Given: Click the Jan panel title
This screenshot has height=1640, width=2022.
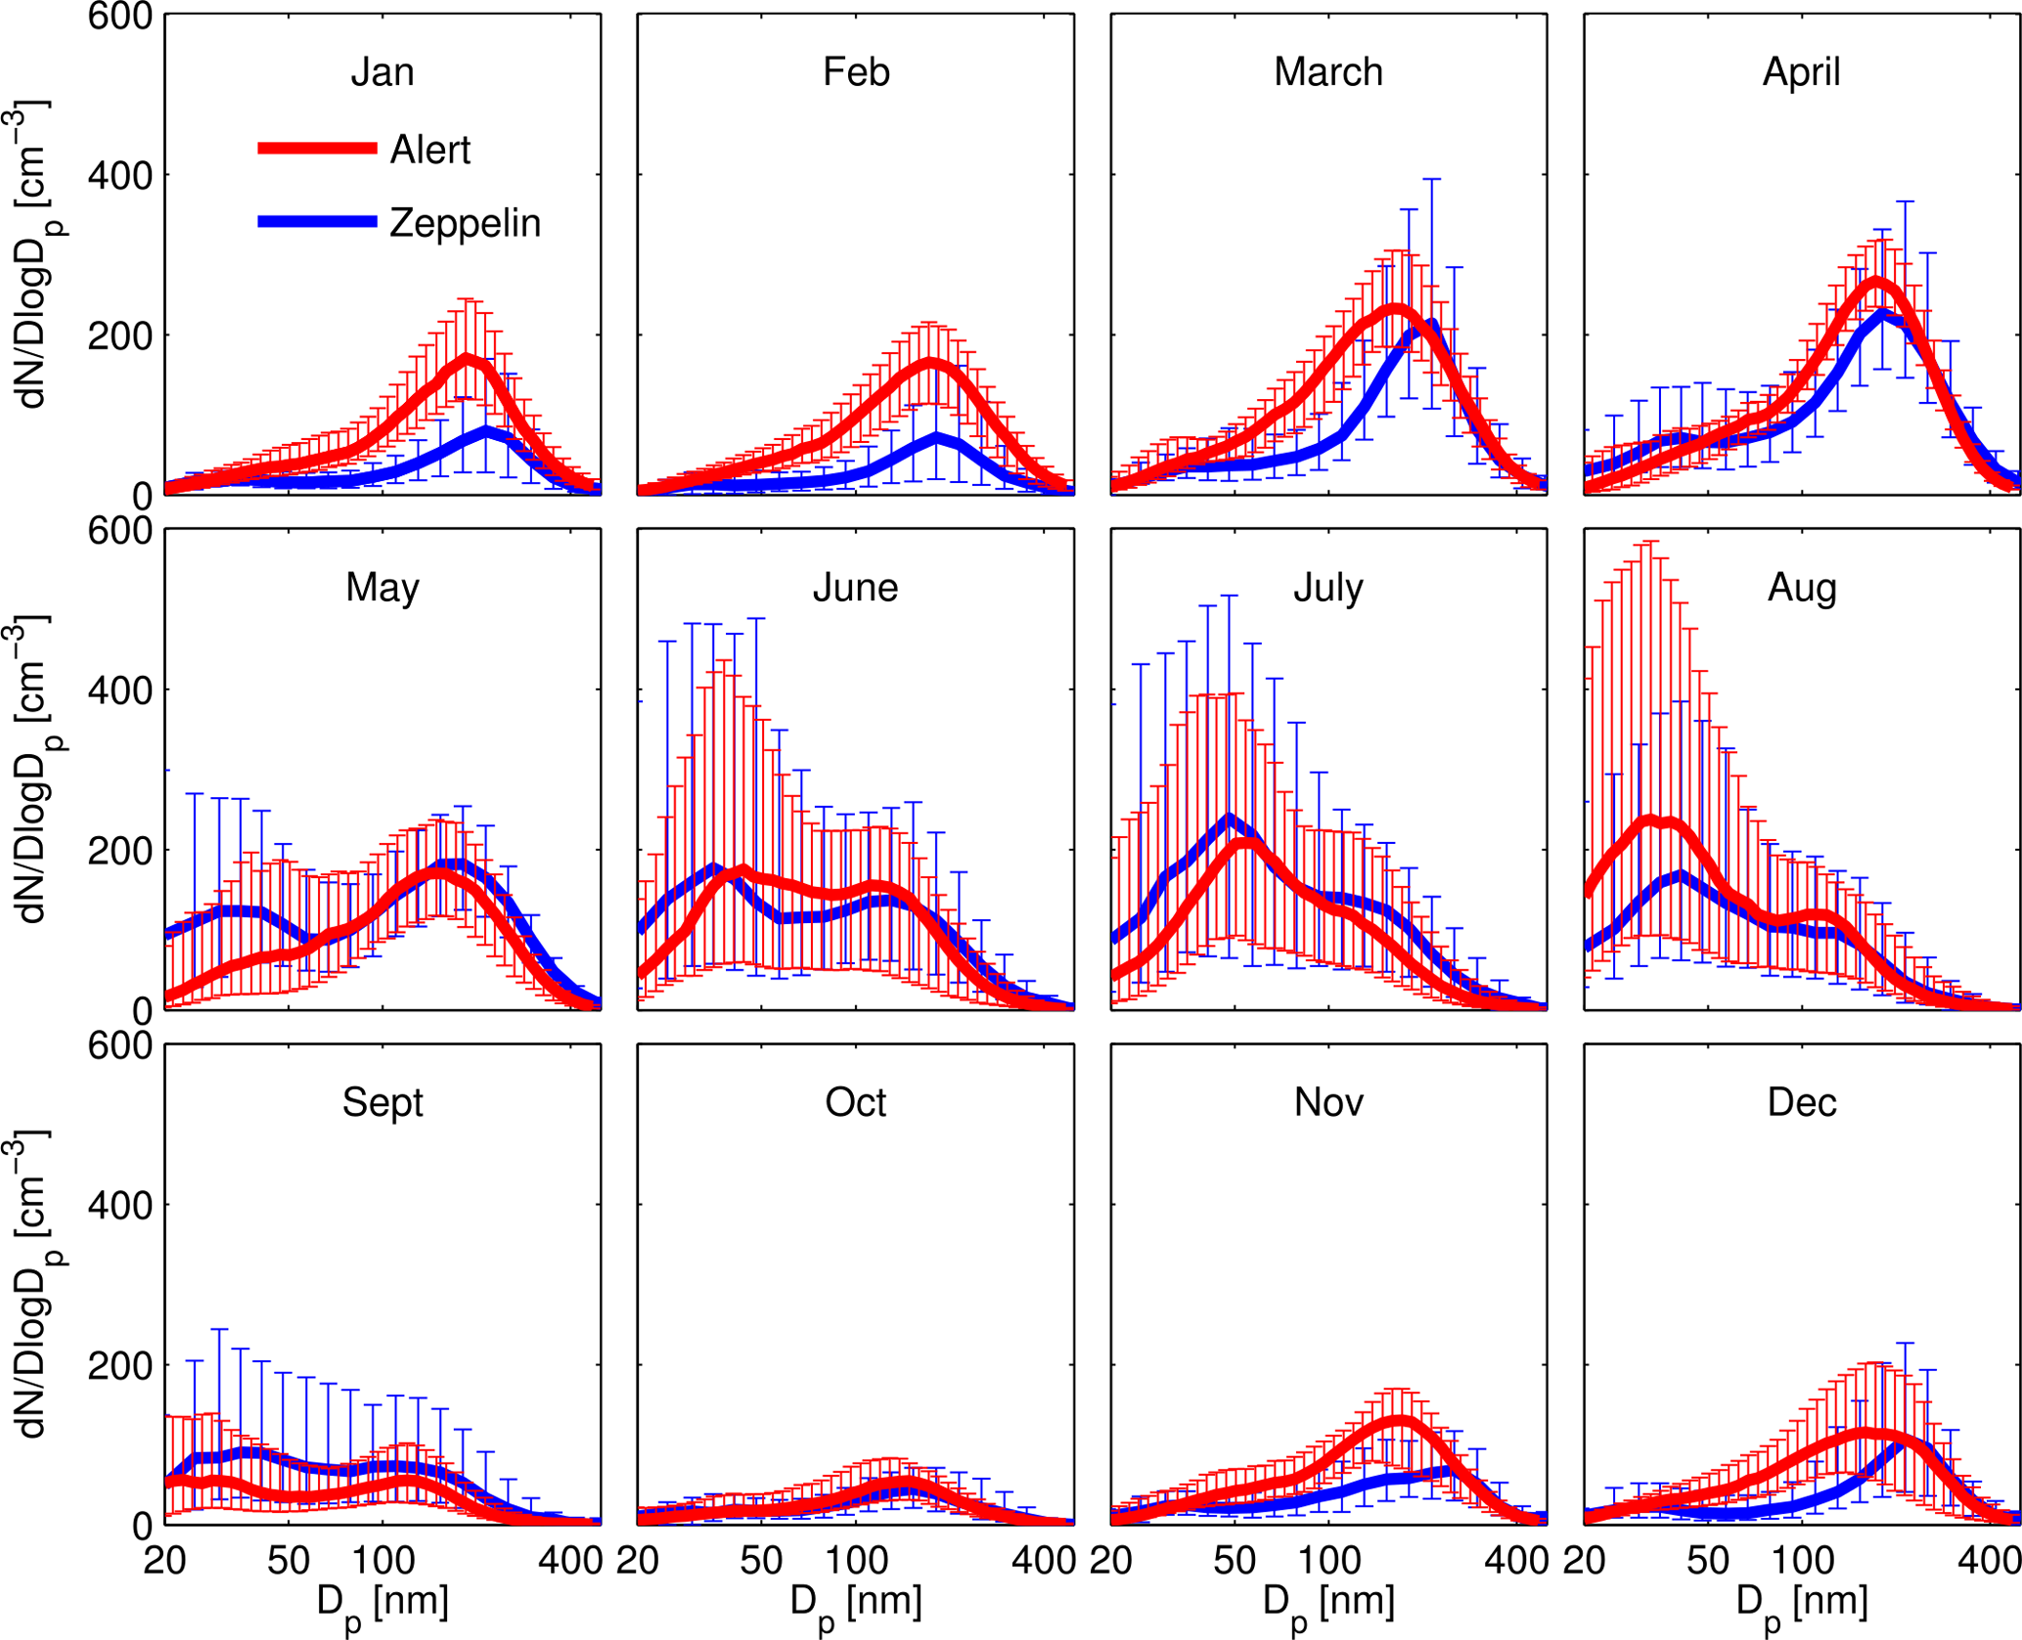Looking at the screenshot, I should (382, 72).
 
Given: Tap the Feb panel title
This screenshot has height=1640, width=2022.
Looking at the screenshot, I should (856, 72).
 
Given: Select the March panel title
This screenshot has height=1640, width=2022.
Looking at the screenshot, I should (1328, 72).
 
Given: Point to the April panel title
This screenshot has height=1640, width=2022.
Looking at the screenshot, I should (1801, 72).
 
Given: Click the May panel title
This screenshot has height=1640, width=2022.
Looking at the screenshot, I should (382, 588).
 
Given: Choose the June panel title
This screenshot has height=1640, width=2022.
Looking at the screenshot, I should (856, 588).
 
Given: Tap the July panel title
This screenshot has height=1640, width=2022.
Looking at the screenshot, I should (1328, 588).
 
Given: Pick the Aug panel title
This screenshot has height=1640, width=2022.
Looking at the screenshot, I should (1802, 588).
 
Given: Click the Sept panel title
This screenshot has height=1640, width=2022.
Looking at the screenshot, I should (382, 1103).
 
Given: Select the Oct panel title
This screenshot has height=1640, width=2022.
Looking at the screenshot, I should (856, 1103).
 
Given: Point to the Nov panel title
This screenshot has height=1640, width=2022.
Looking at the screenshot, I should (1328, 1103).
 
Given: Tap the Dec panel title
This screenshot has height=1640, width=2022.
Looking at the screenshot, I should (1802, 1103).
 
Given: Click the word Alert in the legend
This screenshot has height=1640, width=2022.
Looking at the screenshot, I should (429, 150).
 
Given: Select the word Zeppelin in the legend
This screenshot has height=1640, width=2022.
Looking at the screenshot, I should (465, 224).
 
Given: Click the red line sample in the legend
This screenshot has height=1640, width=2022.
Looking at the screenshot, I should (317, 149).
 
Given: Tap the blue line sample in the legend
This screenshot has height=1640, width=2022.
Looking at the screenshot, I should (317, 222).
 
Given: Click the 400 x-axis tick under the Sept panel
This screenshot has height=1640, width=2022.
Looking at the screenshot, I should (570, 1561).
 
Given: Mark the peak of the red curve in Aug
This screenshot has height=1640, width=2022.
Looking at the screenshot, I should (1650, 820).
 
